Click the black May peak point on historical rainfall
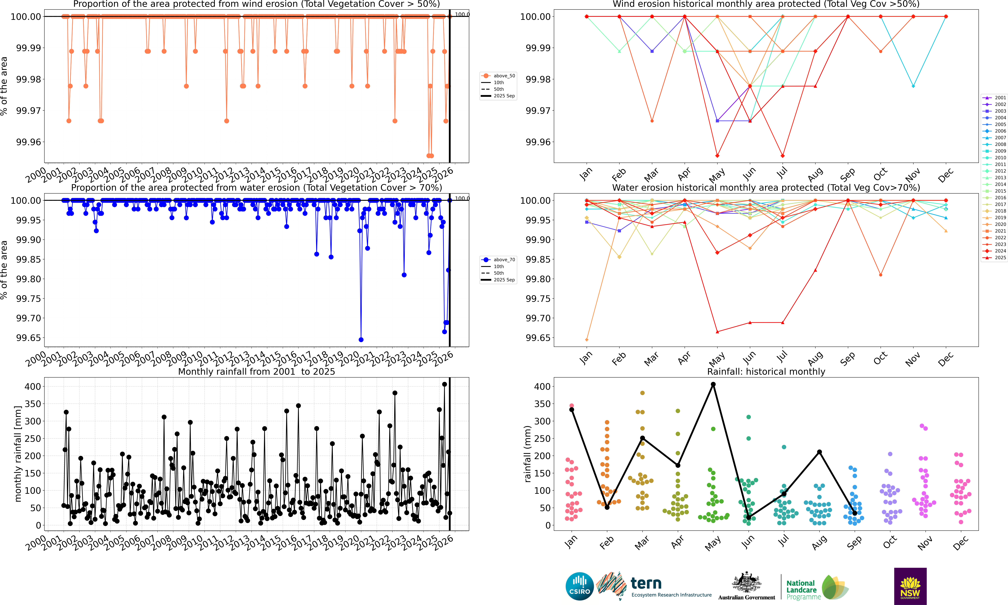pos(713,384)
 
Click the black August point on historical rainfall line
pos(819,452)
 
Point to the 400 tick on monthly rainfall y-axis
pos(33,386)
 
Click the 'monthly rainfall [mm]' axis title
pos(17,454)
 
